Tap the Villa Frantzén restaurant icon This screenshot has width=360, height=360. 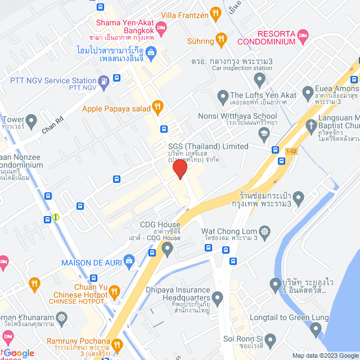pyautogui.click(x=215, y=13)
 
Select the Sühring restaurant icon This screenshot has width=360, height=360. pyautogui.click(x=220, y=40)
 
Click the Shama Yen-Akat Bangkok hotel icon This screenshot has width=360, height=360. pyautogui.click(x=161, y=26)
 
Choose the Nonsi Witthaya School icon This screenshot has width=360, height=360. pyautogui.click(x=263, y=132)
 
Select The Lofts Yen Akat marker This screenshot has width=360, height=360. pyautogui.click(x=223, y=95)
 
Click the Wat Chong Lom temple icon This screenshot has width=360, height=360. pyautogui.click(x=264, y=231)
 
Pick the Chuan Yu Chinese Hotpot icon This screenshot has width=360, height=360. pyautogui.click(x=115, y=291)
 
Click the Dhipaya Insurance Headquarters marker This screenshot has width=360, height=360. pyautogui.click(x=218, y=298)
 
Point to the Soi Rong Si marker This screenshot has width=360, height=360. pyautogui.click(x=271, y=339)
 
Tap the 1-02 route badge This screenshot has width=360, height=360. pyautogui.click(x=291, y=151)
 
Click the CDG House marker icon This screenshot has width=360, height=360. pyautogui.click(x=167, y=247)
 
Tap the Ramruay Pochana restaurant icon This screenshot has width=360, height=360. pyautogui.click(x=117, y=345)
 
